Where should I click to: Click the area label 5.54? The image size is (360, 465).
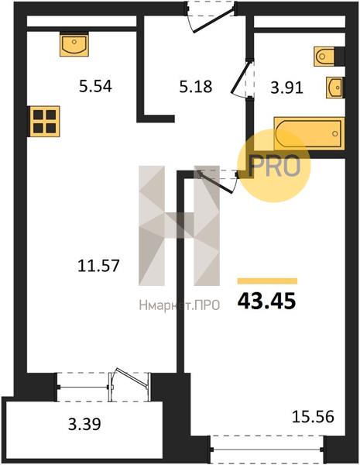coord(95,86)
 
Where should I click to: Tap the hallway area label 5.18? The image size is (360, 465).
coord(196,86)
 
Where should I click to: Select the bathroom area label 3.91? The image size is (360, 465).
coord(286,88)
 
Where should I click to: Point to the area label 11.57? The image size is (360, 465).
coord(98,265)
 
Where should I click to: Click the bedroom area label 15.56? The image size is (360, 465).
coord(314,416)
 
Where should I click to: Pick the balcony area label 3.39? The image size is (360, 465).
coord(84,424)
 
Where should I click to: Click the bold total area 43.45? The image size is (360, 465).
coord(266,301)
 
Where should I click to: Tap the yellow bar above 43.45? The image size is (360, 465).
coord(267,281)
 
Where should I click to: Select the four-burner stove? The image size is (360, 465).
coord(44,122)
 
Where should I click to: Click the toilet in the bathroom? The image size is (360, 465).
coord(324,56)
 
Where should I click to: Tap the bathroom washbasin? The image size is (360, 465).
coord(335,88)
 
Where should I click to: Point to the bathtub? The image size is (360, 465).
coord(309,133)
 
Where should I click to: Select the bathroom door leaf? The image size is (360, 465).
coord(242,76)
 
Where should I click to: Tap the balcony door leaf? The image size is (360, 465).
coord(132,377)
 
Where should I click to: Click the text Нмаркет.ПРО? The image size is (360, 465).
coord(180,305)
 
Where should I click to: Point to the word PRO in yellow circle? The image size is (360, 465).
coord(274,166)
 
